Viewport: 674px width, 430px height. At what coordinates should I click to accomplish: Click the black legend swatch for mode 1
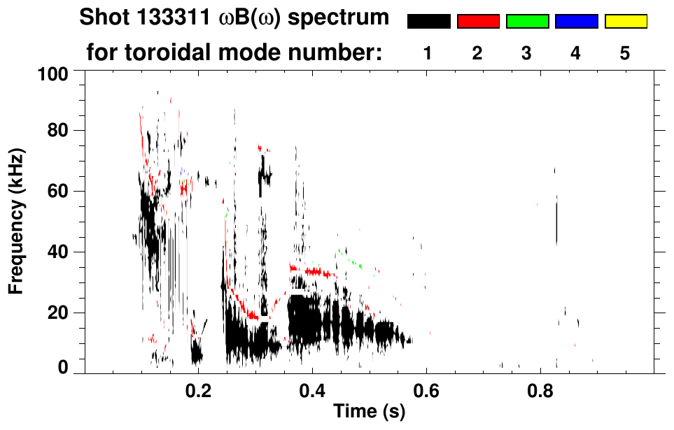[x=428, y=22]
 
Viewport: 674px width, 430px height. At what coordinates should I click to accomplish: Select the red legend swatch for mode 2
[x=478, y=22]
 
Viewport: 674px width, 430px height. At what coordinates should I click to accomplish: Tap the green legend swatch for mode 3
[x=527, y=22]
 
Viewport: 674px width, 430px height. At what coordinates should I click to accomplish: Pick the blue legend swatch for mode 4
[x=576, y=22]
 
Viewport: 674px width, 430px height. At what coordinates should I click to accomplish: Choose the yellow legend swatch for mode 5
[x=625, y=22]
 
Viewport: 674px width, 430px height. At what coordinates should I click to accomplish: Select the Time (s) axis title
[x=369, y=412]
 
